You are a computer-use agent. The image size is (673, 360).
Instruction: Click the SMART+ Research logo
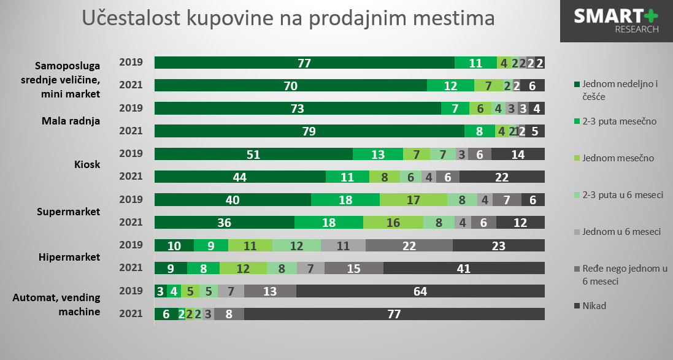pos(616,21)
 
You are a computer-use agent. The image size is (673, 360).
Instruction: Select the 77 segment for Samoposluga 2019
pos(304,63)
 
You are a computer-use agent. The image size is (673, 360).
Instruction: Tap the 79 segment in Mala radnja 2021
pos(309,131)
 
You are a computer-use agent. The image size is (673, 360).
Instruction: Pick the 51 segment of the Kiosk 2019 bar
pos(253,154)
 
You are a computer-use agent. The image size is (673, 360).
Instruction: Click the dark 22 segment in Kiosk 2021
pos(502,177)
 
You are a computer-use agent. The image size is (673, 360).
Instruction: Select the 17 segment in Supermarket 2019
pos(413,200)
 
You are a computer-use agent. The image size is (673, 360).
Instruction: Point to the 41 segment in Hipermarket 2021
pos(464,268)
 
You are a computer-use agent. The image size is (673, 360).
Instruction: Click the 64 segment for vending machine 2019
pos(420,291)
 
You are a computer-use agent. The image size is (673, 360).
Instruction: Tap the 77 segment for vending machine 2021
pos(394,314)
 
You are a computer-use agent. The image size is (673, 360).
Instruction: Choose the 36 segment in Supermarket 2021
pos(225,223)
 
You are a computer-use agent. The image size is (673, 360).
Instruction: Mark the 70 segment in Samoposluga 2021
pos(291,86)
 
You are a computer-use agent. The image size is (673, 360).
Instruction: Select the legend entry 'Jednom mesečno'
pos(614,158)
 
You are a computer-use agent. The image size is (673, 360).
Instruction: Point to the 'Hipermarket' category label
pos(69,257)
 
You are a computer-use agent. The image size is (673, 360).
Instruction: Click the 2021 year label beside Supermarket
pos(131,223)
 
